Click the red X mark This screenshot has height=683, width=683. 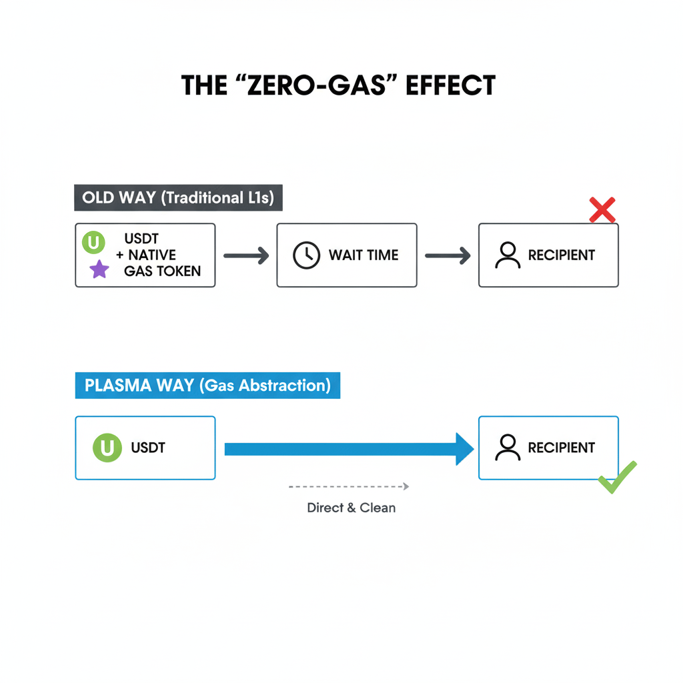click(602, 210)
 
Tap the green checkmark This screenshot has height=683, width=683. click(617, 477)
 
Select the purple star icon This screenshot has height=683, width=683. click(99, 269)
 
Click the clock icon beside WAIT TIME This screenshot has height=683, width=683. click(307, 255)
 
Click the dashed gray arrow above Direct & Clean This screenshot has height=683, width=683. click(349, 487)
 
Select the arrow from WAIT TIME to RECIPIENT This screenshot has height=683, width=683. click(448, 255)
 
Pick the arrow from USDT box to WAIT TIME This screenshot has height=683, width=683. click(245, 255)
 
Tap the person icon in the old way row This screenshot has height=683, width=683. click(508, 255)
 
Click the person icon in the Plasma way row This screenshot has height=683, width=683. click(508, 448)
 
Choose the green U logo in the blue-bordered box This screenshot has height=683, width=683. click(107, 448)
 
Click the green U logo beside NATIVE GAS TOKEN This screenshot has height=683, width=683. click(93, 242)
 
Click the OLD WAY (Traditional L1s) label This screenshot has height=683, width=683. click(178, 198)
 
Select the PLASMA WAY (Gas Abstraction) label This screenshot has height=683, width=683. click(207, 386)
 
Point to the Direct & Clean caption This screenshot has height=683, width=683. click(351, 508)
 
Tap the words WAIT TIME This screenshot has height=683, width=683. click(364, 255)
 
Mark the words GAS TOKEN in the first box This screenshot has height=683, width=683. click(162, 271)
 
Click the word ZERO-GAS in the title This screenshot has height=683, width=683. click(313, 85)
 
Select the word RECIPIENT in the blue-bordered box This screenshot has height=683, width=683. click(562, 448)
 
